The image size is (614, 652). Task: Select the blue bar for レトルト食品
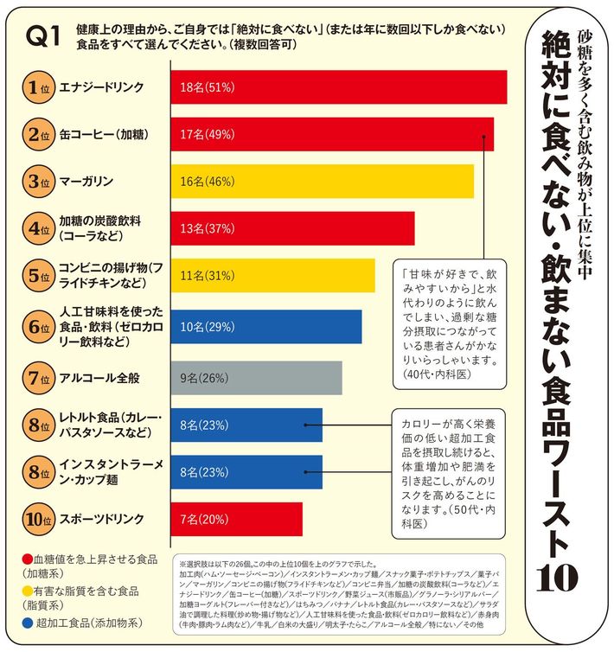246,425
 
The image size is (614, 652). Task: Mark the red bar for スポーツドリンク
237,519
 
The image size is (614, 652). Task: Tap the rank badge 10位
36,519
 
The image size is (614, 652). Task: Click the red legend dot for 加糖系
29,559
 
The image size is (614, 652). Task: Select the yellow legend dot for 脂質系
29,591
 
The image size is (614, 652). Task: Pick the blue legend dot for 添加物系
29,622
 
